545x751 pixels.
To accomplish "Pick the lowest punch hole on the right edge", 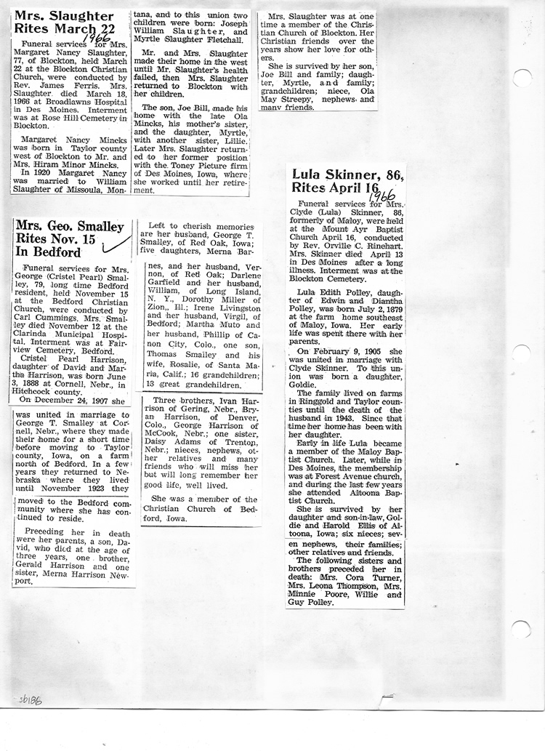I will point(522,630).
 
